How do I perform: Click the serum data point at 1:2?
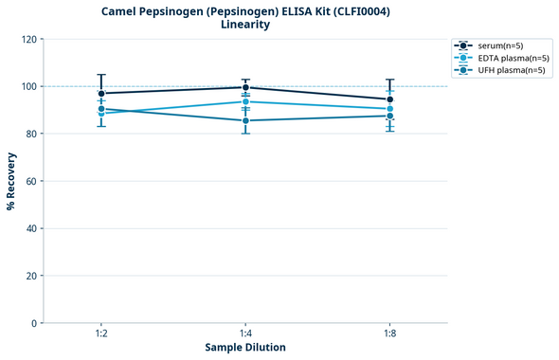101,93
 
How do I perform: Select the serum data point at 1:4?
245,87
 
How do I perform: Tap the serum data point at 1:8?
389,99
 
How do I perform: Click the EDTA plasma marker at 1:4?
245,101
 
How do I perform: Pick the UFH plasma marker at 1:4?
245,120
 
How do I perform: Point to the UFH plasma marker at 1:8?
389,116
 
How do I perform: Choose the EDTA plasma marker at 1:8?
389,109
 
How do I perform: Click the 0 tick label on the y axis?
34,323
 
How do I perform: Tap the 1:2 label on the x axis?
101,334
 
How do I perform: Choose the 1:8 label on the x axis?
389,334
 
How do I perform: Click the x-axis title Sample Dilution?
245,348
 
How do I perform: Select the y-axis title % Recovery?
11,181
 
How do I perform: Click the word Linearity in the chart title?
245,25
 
